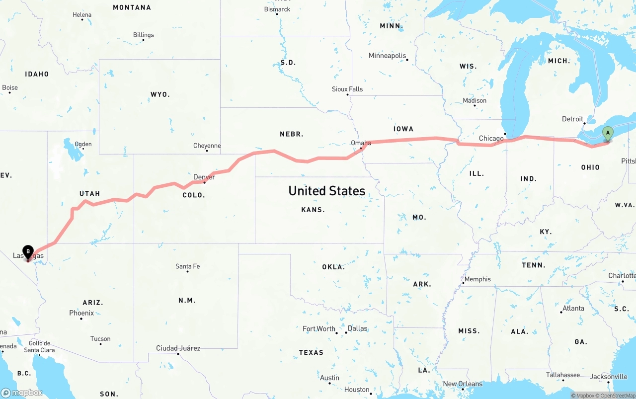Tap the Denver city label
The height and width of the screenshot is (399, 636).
click(204, 177)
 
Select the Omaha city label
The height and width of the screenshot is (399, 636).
click(361, 143)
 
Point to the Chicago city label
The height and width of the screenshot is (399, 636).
click(491, 138)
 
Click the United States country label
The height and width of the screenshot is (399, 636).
click(327, 191)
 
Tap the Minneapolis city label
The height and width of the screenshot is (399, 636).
click(387, 56)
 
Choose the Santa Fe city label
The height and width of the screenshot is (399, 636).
click(187, 266)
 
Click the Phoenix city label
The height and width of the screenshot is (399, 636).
click(81, 313)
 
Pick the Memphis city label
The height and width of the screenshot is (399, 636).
click(477, 279)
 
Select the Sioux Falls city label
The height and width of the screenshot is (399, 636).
click(347, 89)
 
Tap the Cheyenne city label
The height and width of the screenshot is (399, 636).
click(207, 146)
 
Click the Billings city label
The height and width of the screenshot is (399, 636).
click(143, 35)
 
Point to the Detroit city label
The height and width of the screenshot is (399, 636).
click(572, 119)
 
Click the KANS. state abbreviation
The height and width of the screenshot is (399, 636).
click(313, 210)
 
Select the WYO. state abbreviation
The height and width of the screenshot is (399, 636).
click(160, 94)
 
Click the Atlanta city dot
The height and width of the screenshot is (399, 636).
click(561, 312)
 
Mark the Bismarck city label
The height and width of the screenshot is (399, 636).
click(277, 9)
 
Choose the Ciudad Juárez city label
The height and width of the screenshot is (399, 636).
click(178, 348)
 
